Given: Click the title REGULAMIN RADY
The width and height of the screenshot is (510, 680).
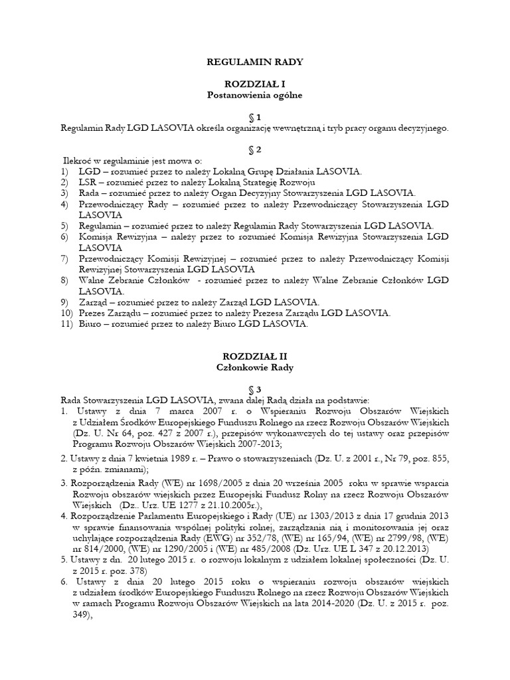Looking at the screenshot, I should (254, 62).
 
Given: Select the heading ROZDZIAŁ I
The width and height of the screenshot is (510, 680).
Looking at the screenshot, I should (254, 84).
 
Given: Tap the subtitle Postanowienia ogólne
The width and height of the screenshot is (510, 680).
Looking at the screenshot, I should (254, 95).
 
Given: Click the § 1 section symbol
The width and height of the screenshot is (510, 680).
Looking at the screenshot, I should (254, 117).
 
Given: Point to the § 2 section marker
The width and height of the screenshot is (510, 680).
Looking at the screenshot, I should (254, 149).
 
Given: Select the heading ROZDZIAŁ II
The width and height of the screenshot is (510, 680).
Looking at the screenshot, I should (254, 356).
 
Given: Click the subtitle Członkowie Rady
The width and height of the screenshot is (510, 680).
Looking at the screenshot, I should (254, 367).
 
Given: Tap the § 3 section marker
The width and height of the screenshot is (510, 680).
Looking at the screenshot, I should (254, 388).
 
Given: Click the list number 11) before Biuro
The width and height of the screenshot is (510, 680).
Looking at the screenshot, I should (66, 324).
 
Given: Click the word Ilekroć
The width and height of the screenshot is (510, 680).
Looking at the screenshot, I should (79, 161).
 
